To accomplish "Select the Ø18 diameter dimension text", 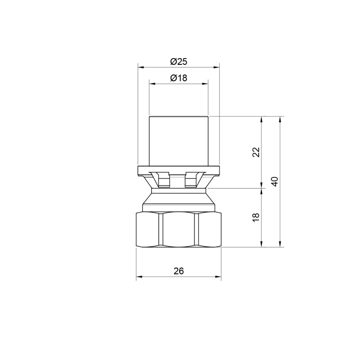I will pyautogui.click(x=179, y=78).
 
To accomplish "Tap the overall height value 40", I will pyautogui.click(x=275, y=182).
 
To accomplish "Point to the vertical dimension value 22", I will pyautogui.click(x=256, y=153).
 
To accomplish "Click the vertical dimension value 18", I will pyautogui.click(x=256, y=217).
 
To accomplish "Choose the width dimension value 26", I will pyautogui.click(x=179, y=271).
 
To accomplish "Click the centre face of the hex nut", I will pyautogui.click(x=179, y=229).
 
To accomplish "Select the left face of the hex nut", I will pyautogui.click(x=148, y=229).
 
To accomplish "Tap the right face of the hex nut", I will pyautogui.click(x=209, y=229).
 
